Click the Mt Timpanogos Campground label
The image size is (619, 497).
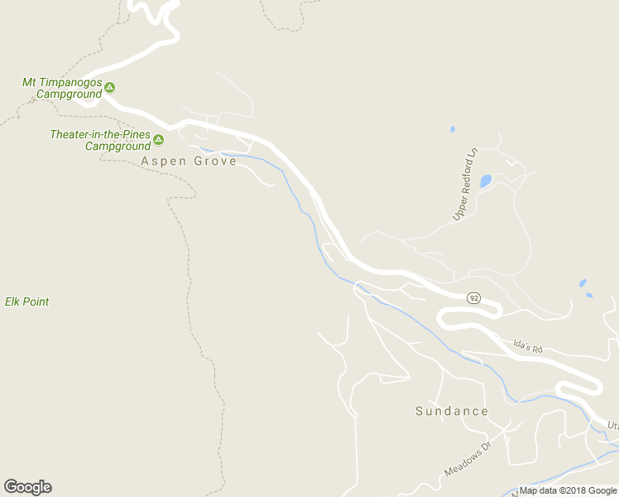click(61, 88)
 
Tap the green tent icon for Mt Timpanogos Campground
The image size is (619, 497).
click(109, 87)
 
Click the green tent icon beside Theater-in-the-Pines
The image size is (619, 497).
click(158, 139)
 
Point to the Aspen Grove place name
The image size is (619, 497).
click(189, 161)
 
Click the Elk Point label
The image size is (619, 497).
click(26, 302)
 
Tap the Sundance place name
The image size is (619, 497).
click(451, 411)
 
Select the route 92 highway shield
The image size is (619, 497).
click(473, 298)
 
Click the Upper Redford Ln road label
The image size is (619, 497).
click(466, 185)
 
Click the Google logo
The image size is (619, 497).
click(27, 487)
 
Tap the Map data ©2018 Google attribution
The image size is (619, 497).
click(568, 491)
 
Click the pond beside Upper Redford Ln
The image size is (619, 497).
click(486, 180)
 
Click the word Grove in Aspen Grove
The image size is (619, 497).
click(215, 161)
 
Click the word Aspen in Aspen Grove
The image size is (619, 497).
click(163, 161)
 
